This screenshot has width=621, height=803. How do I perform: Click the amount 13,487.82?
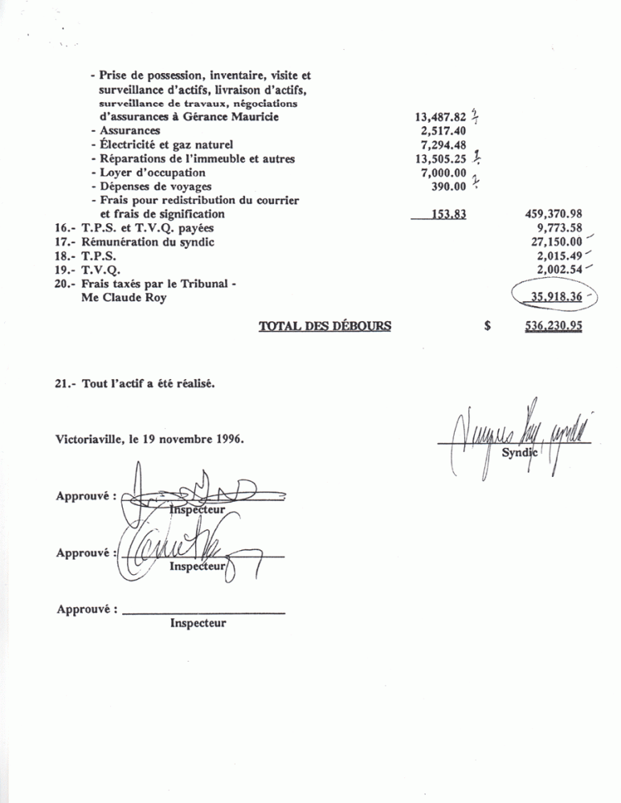[x=439, y=116]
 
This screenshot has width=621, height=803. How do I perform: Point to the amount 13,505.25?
[x=439, y=160]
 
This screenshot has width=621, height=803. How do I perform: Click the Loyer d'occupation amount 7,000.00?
[x=441, y=173]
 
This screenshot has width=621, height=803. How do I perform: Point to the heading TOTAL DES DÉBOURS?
[x=325, y=326]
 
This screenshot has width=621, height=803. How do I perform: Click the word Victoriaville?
[x=88, y=439]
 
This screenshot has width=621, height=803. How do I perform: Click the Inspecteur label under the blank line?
[x=198, y=623]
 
